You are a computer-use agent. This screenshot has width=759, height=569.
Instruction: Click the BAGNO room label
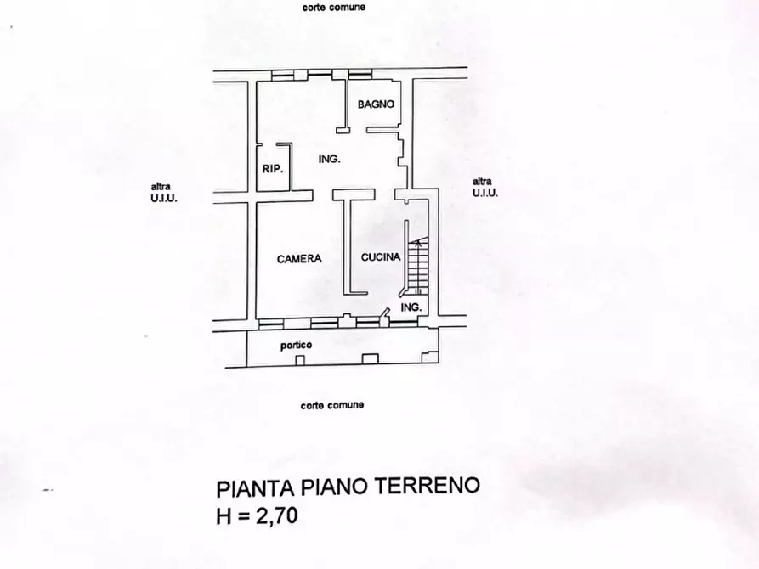(375, 104)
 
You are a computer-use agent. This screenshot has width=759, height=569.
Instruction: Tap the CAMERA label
(299, 259)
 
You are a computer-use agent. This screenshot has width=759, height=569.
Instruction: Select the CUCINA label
(380, 257)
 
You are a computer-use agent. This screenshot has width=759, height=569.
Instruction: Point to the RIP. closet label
(272, 168)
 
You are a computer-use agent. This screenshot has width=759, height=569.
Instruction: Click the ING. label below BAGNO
(329, 159)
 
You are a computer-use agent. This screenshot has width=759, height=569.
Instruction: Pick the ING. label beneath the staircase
(411, 307)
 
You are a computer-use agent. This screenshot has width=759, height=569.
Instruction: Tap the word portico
(297, 345)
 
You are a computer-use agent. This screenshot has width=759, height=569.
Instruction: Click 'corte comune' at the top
(333, 8)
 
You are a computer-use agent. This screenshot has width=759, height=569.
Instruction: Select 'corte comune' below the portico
(331, 405)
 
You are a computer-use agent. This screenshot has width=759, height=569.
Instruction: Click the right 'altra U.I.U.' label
(483, 186)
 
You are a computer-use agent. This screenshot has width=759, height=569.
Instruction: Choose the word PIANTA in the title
(254, 488)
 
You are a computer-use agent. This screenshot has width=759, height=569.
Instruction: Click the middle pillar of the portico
(367, 361)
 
